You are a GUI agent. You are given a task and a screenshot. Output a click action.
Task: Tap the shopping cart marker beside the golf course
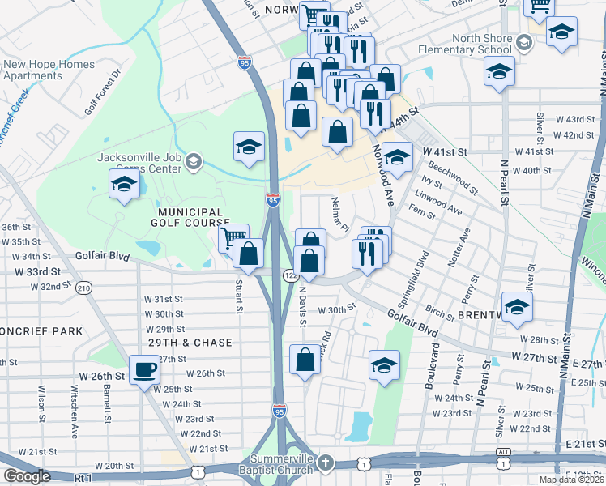click(233, 238)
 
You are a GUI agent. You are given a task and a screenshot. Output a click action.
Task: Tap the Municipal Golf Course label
click(190, 216)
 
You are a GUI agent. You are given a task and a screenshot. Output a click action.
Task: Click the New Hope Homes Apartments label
click(49, 70)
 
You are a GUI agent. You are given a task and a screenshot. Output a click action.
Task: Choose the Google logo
click(27, 476)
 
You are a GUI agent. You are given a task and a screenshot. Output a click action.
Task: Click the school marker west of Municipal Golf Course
click(123, 184)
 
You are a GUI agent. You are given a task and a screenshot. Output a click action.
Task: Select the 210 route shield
click(83, 288)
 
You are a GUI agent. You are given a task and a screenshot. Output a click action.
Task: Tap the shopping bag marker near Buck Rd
click(305, 361)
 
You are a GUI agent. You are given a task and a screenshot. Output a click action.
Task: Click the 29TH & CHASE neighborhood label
click(190, 343)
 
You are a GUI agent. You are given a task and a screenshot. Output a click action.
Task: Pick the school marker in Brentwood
click(516, 307)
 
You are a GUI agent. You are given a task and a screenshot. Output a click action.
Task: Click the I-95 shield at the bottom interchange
click(280, 412)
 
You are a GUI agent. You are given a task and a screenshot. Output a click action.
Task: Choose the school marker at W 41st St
click(397, 157)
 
